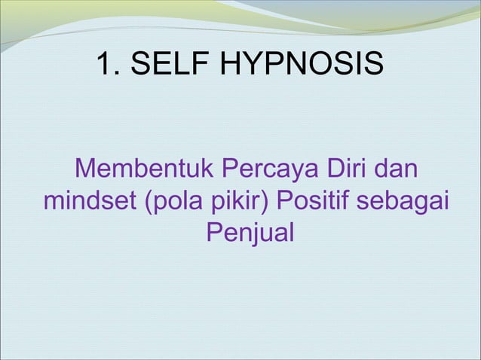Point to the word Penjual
[250, 234]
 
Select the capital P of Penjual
[213, 234]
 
